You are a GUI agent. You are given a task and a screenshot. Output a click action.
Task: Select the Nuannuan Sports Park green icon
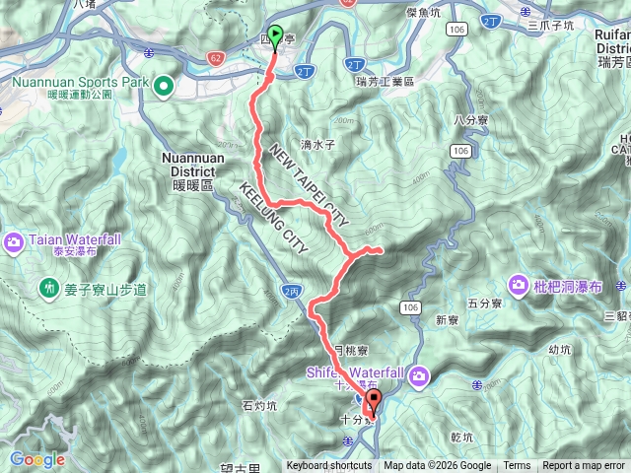click(162, 86)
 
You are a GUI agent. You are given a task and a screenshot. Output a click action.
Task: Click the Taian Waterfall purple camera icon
click(15, 240)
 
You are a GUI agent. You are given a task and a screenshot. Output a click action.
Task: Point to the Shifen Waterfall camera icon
click(420, 374)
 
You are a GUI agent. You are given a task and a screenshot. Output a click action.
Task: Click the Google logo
click(37, 459)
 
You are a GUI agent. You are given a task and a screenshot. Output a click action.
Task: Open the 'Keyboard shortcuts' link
click(329, 466)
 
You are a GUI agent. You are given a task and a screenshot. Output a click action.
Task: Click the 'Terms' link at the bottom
click(517, 466)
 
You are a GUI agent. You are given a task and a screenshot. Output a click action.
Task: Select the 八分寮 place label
click(471, 120)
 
